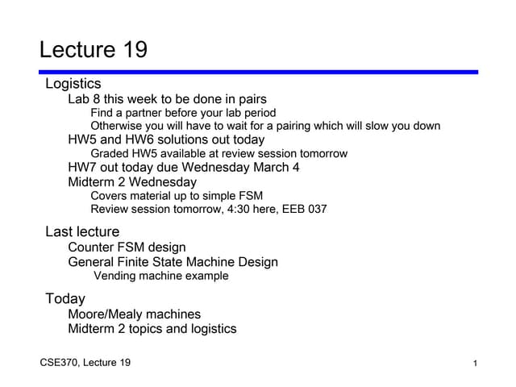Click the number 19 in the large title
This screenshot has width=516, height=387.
click(x=135, y=50)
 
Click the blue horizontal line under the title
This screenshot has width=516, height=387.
click(x=258, y=72)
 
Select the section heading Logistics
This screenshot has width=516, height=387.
click(x=73, y=84)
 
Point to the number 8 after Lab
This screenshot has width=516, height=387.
click(x=96, y=99)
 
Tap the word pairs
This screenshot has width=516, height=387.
click(x=252, y=100)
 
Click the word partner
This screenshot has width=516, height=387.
click(x=144, y=113)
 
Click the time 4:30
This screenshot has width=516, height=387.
click(x=239, y=209)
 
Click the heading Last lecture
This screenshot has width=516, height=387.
click(x=82, y=231)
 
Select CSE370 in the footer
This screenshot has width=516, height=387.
click(x=59, y=363)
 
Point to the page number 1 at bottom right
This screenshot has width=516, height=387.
click(x=475, y=364)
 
